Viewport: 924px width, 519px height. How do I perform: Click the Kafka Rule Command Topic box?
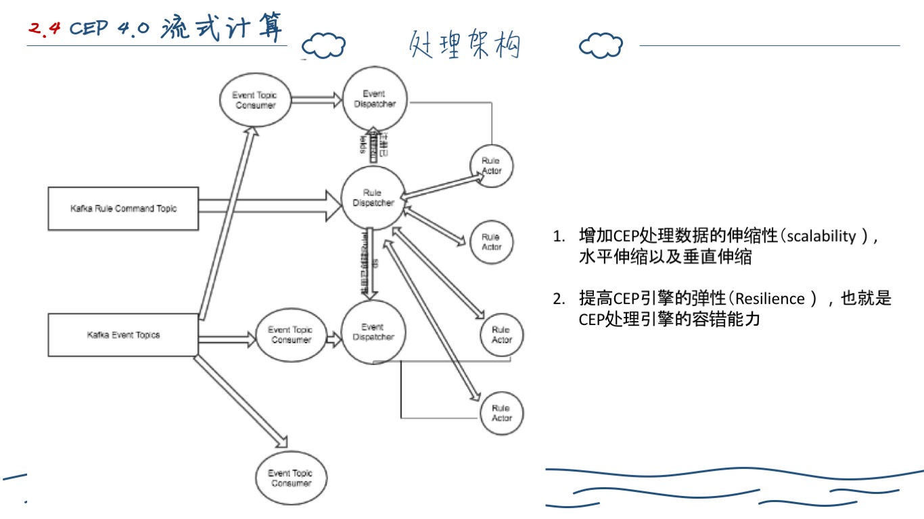122,209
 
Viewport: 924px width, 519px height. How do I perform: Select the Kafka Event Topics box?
123,335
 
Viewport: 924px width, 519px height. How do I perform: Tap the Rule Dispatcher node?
373,198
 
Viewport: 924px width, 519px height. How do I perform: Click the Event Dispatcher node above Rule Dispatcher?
373,99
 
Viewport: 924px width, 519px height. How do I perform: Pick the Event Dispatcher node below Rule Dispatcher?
373,332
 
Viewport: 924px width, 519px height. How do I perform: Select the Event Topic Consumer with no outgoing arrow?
290,478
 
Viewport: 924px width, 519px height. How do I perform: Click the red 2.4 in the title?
45,28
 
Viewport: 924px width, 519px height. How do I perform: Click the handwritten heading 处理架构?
464,45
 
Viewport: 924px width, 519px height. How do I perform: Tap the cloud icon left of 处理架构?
323,45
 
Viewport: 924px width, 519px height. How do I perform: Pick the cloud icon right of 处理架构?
601,45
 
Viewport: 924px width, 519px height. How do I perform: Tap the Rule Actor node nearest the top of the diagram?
492,166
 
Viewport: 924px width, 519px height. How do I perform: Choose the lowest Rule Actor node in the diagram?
501,413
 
